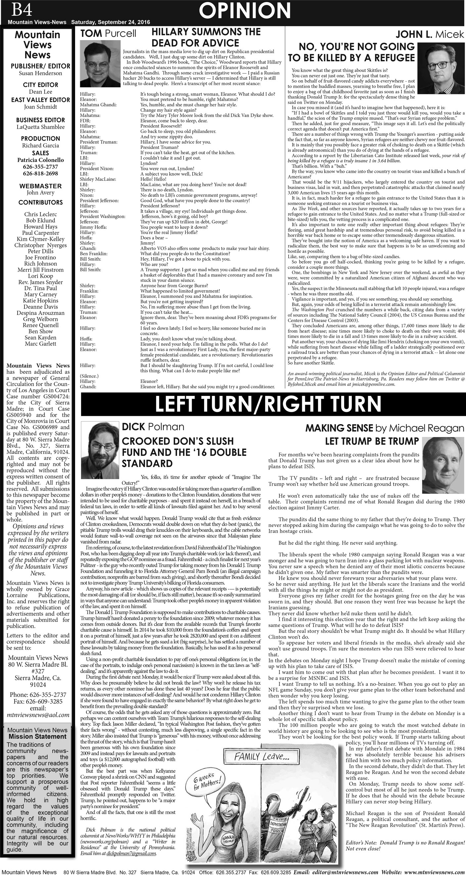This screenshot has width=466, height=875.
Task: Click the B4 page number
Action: click(22, 10)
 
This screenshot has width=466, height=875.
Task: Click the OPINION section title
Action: click(245, 11)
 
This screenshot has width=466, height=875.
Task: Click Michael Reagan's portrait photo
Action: click(443, 465)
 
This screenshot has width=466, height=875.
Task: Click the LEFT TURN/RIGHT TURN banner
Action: click(268, 404)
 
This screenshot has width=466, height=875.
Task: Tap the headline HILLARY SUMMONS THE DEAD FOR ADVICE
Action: click(206, 37)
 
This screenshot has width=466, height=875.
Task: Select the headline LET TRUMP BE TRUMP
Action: click(372, 441)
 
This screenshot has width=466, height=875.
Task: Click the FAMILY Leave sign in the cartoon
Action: click(261, 756)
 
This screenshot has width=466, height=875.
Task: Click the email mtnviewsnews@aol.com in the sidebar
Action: click(38, 715)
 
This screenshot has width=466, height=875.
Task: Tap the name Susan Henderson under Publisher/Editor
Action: click(40, 73)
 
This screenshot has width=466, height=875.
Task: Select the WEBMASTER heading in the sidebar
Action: click(40, 186)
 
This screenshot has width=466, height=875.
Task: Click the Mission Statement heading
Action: click(37, 736)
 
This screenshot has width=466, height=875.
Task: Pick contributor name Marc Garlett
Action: click(40, 344)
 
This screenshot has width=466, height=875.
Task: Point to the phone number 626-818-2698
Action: click(40, 173)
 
